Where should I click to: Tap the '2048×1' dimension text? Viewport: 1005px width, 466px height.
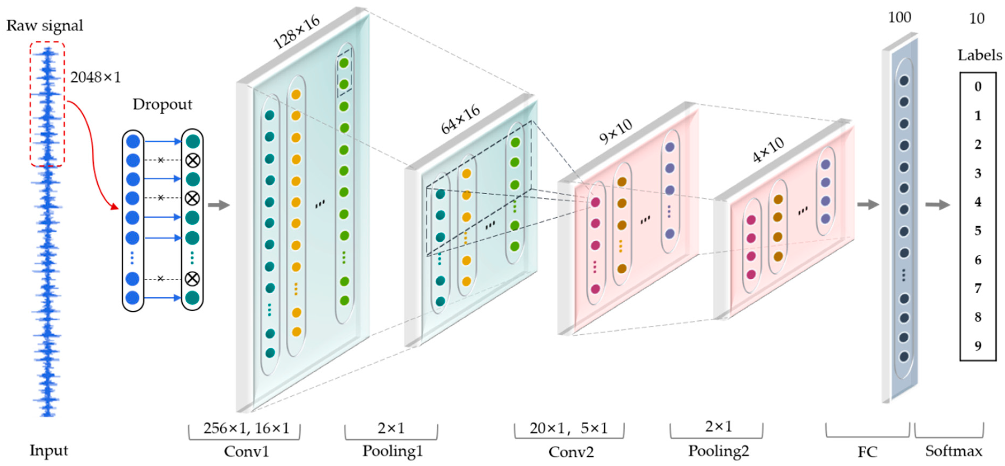(x=95, y=77)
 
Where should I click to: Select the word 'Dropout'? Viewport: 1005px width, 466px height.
(x=162, y=104)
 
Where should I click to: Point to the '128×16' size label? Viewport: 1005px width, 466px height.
(x=297, y=33)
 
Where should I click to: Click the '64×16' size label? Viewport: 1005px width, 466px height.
(x=460, y=120)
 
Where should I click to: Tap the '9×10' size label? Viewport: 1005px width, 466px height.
(x=615, y=131)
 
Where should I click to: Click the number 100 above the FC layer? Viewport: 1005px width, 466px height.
(x=899, y=18)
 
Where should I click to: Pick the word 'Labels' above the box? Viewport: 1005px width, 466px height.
(x=979, y=55)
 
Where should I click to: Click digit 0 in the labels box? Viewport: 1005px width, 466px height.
(x=978, y=87)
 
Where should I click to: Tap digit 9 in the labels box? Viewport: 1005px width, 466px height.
(x=978, y=345)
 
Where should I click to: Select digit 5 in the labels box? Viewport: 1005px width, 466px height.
(x=978, y=231)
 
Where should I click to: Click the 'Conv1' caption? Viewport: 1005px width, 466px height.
(x=246, y=451)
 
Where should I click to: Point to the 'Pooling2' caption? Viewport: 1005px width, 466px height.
(x=718, y=451)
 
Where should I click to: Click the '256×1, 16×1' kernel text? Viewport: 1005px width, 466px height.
(x=246, y=428)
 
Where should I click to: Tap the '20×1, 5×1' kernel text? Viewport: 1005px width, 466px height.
(x=569, y=428)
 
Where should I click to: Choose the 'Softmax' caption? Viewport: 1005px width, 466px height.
(x=953, y=451)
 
